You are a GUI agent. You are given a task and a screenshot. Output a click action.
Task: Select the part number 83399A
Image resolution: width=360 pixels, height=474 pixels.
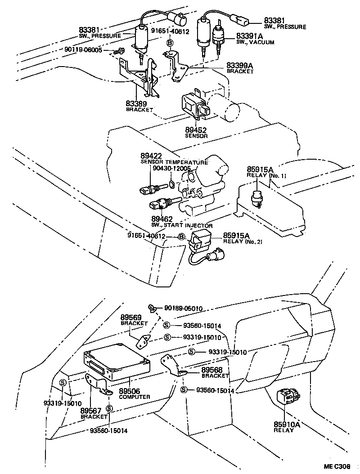(240, 66)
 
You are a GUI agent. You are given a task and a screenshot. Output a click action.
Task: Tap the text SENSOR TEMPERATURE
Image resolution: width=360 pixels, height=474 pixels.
(174, 162)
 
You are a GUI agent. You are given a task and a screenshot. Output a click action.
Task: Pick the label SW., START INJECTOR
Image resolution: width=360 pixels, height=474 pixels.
(182, 225)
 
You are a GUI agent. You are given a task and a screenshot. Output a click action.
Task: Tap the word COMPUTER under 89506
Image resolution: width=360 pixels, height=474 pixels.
(135, 397)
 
